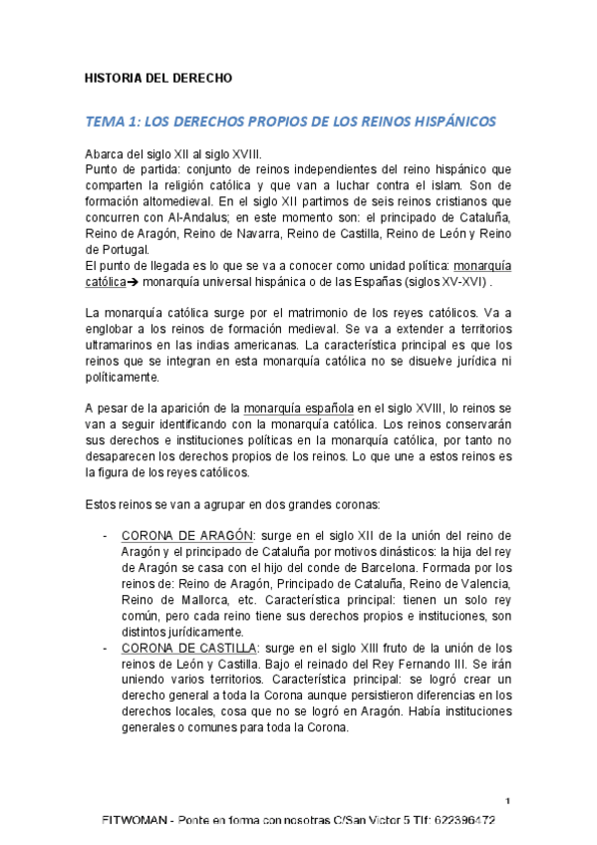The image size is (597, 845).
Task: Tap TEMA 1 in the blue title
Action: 113,122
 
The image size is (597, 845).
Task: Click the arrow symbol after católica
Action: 134,282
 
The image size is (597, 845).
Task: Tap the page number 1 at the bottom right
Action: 508,801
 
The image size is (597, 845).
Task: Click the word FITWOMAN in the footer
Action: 138,821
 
